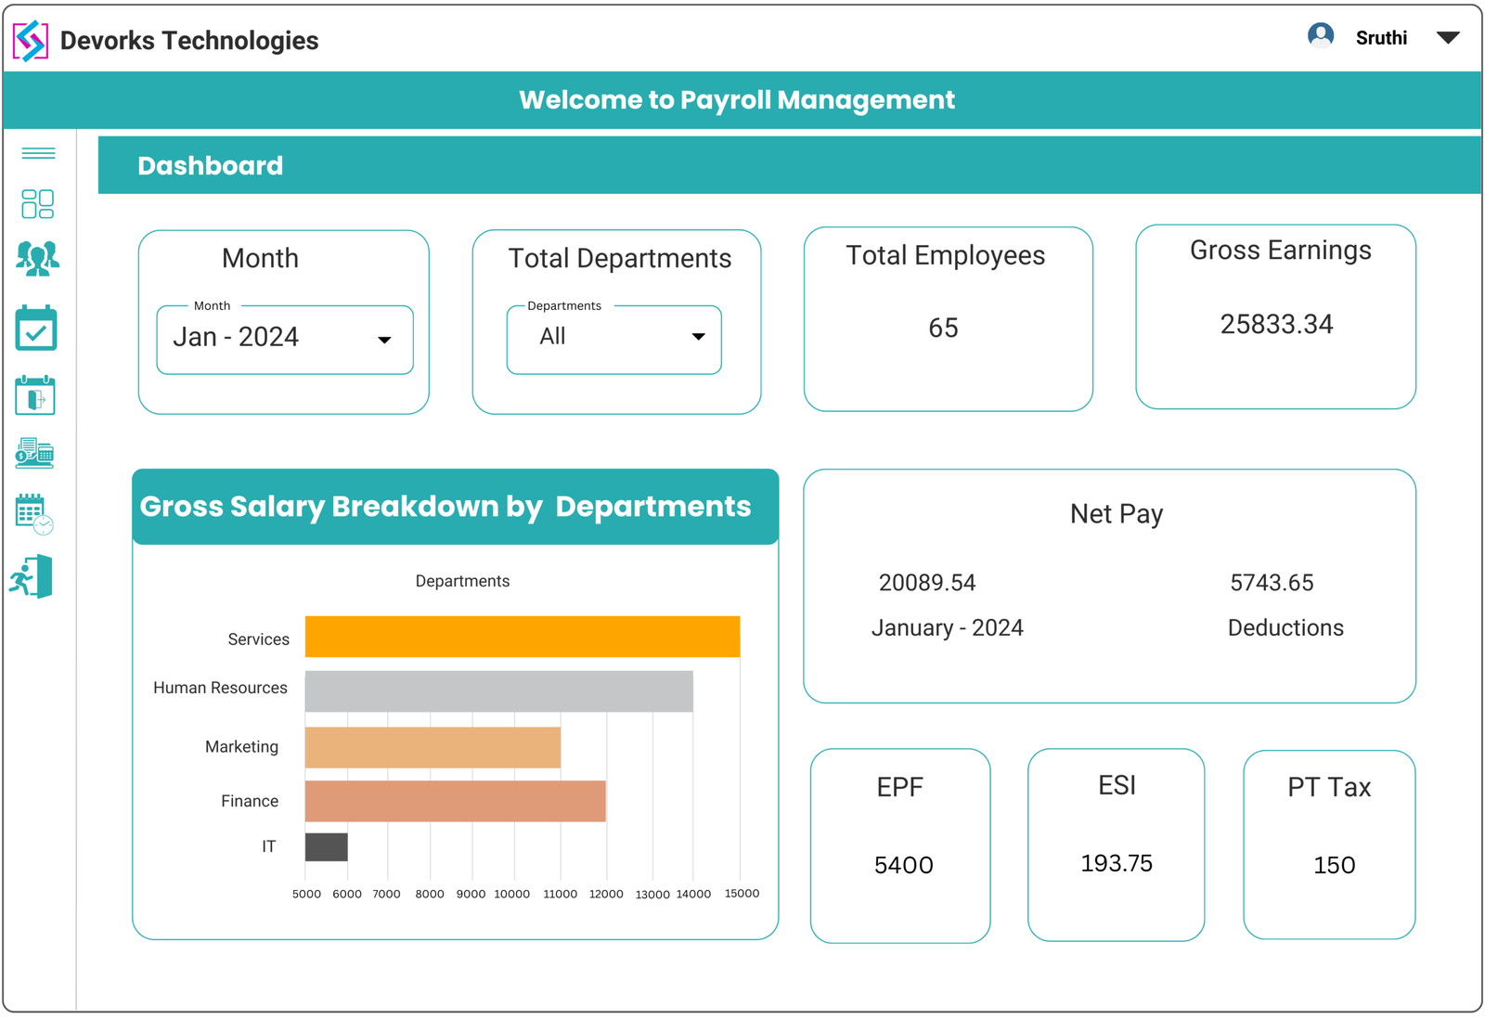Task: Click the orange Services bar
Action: click(x=522, y=637)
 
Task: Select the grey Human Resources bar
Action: click(x=498, y=691)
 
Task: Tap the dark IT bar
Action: click(x=326, y=847)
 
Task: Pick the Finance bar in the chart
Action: click(x=455, y=801)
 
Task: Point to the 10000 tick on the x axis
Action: click(x=511, y=894)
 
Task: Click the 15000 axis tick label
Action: click(x=742, y=893)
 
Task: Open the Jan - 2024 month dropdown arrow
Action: click(x=384, y=340)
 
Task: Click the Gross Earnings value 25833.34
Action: click(x=1276, y=325)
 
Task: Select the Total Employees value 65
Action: click(x=943, y=328)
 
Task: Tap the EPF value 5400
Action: click(x=903, y=865)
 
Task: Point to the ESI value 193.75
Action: click(x=1116, y=863)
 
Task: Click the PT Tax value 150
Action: click(x=1334, y=865)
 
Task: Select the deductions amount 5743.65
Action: click(x=1272, y=583)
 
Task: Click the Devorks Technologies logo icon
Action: click(x=31, y=40)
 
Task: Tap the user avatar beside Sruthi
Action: click(x=1320, y=36)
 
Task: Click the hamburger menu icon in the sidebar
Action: click(x=38, y=153)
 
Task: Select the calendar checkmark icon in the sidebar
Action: click(x=36, y=329)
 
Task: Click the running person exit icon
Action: click(x=32, y=577)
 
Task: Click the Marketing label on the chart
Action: click(x=241, y=747)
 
